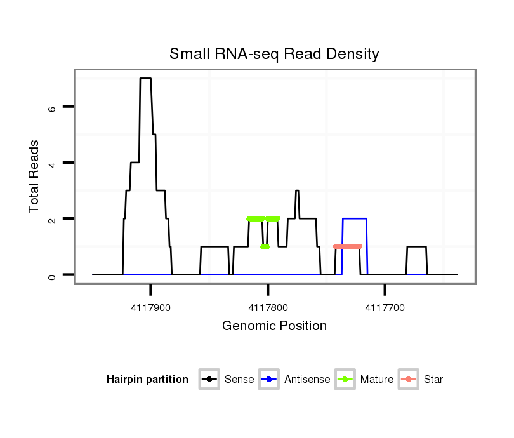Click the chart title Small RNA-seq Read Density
pyautogui.click(x=274, y=54)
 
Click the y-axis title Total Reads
pyautogui.click(x=34, y=176)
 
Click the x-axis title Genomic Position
pyautogui.click(x=274, y=326)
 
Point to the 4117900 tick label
pyautogui.click(x=151, y=308)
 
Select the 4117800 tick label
pyautogui.click(x=268, y=308)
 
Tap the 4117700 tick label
pyautogui.click(x=385, y=308)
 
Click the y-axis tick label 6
pyautogui.click(x=52, y=107)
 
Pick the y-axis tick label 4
pyautogui.click(x=52, y=163)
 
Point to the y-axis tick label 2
pyautogui.click(x=52, y=219)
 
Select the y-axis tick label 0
pyautogui.click(x=52, y=275)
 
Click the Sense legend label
pyautogui.click(x=239, y=380)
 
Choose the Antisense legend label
pyautogui.click(x=307, y=380)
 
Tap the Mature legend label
pyautogui.click(x=377, y=380)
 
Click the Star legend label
pyautogui.click(x=433, y=380)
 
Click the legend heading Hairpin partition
pyautogui.click(x=147, y=380)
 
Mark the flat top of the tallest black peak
pyautogui.click(x=145, y=79)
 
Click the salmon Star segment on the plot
pyautogui.click(x=347, y=246)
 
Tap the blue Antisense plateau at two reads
pyautogui.click(x=355, y=218)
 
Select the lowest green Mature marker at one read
pyautogui.click(x=265, y=246)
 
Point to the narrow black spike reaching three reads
pyautogui.click(x=296, y=191)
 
